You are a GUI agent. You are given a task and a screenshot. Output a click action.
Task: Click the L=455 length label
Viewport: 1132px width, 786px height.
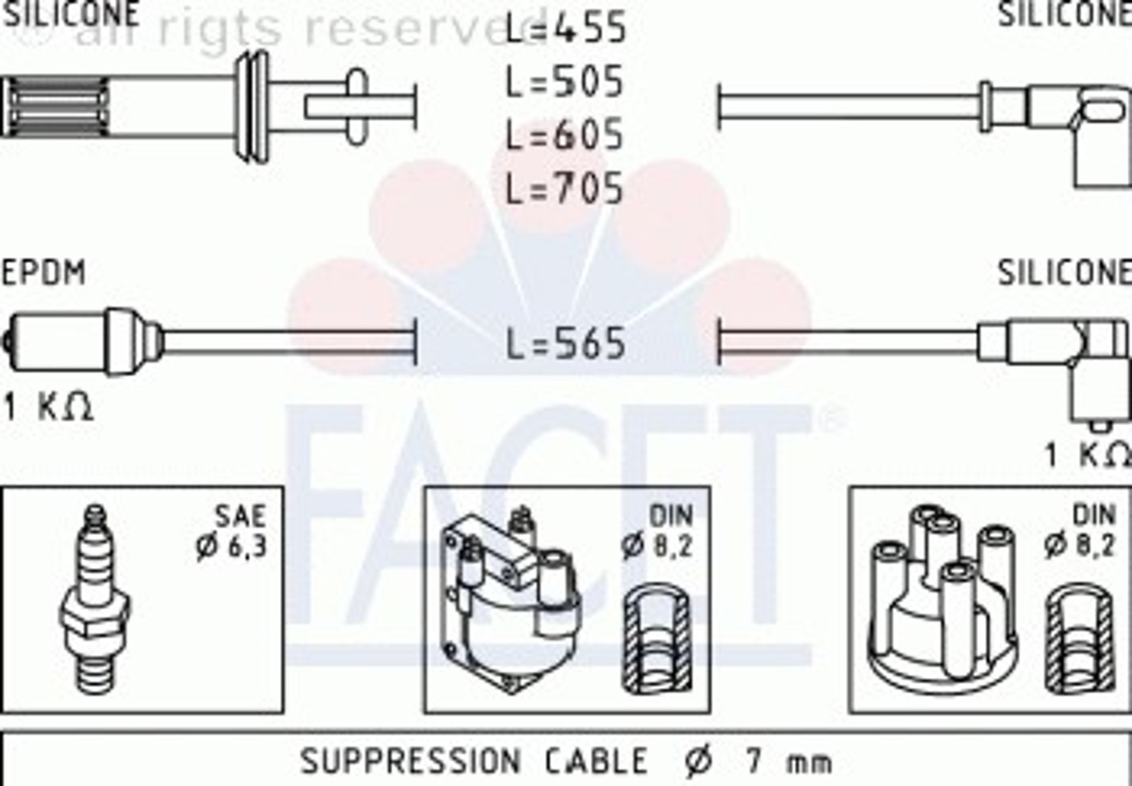[566, 28]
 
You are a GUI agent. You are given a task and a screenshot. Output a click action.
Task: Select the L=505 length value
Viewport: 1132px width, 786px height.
[564, 82]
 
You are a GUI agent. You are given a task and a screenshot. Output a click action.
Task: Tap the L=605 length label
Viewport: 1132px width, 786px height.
[564, 135]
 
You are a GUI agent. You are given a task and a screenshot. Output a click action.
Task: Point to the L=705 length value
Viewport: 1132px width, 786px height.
[564, 188]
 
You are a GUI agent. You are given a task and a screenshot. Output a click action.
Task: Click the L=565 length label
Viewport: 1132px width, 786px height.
[566, 344]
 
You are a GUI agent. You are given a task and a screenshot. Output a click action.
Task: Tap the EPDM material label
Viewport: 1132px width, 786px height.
[44, 273]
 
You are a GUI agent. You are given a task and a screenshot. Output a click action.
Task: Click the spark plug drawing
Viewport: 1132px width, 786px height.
[95, 599]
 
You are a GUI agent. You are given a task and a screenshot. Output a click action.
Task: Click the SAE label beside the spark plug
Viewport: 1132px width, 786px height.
[241, 517]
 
